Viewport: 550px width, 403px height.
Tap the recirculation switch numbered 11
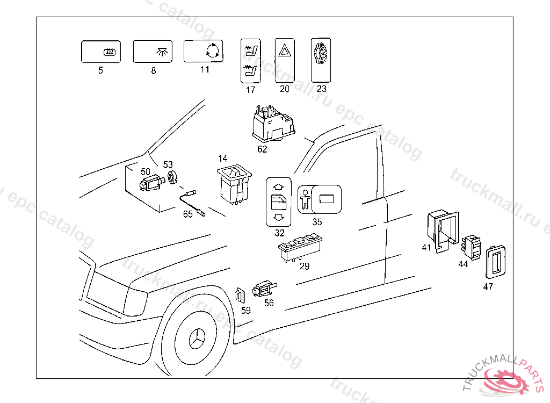coord(204,52)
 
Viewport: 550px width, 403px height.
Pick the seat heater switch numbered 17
coord(250,61)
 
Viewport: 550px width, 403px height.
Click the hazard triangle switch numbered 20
coord(284,60)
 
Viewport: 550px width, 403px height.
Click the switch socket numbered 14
coord(234,184)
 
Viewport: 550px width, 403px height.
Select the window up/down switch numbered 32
coord(279,202)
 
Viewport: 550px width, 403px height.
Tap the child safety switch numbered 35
coord(320,200)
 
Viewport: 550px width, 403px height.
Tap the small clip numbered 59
coord(241,295)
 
